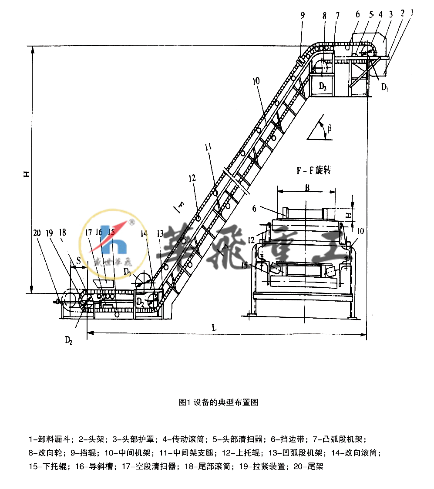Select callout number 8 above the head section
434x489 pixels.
pyautogui.click(x=324, y=14)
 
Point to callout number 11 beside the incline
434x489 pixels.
pyautogui.click(x=210, y=147)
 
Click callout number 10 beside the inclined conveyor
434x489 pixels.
pyautogui.click(x=256, y=80)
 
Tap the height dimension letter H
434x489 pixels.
pyautogui.click(x=25, y=174)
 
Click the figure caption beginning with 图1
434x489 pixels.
pyautogui.click(x=218, y=402)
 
